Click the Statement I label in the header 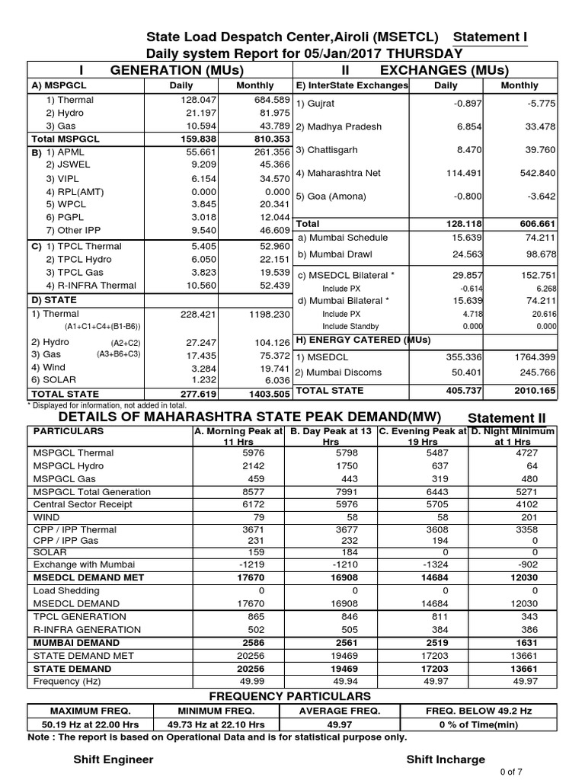[490, 38]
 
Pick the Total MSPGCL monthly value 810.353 [255, 139]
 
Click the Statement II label [507, 418]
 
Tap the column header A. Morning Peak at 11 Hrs [238, 436]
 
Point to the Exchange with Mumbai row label [84, 564]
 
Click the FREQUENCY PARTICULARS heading [290, 696]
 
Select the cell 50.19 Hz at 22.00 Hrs [90, 724]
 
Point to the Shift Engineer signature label [113, 759]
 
